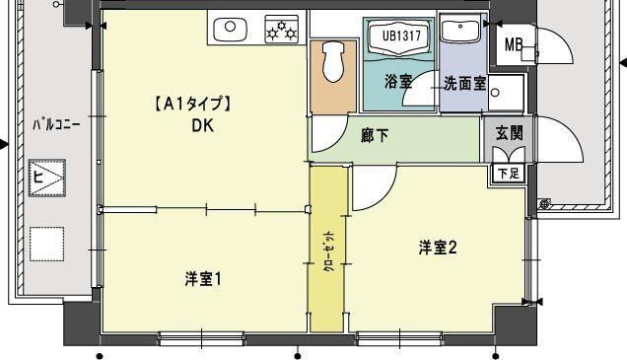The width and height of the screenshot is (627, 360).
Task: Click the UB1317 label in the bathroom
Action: (398, 35)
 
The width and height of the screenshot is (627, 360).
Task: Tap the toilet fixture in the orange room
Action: (331, 62)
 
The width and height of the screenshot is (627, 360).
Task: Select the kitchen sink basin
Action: (230, 29)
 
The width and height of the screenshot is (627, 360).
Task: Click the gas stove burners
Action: (282, 30)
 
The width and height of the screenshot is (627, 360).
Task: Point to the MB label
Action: (515, 44)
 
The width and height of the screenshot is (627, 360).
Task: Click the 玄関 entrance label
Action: (509, 133)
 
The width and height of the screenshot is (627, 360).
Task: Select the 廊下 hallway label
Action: (374, 135)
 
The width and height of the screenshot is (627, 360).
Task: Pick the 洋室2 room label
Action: (437, 248)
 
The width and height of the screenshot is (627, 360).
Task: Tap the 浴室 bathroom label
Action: (398, 83)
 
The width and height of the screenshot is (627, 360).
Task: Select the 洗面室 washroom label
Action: (462, 84)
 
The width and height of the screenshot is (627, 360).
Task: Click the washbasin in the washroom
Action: (459, 32)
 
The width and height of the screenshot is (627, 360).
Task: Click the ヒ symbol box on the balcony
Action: (45, 180)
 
